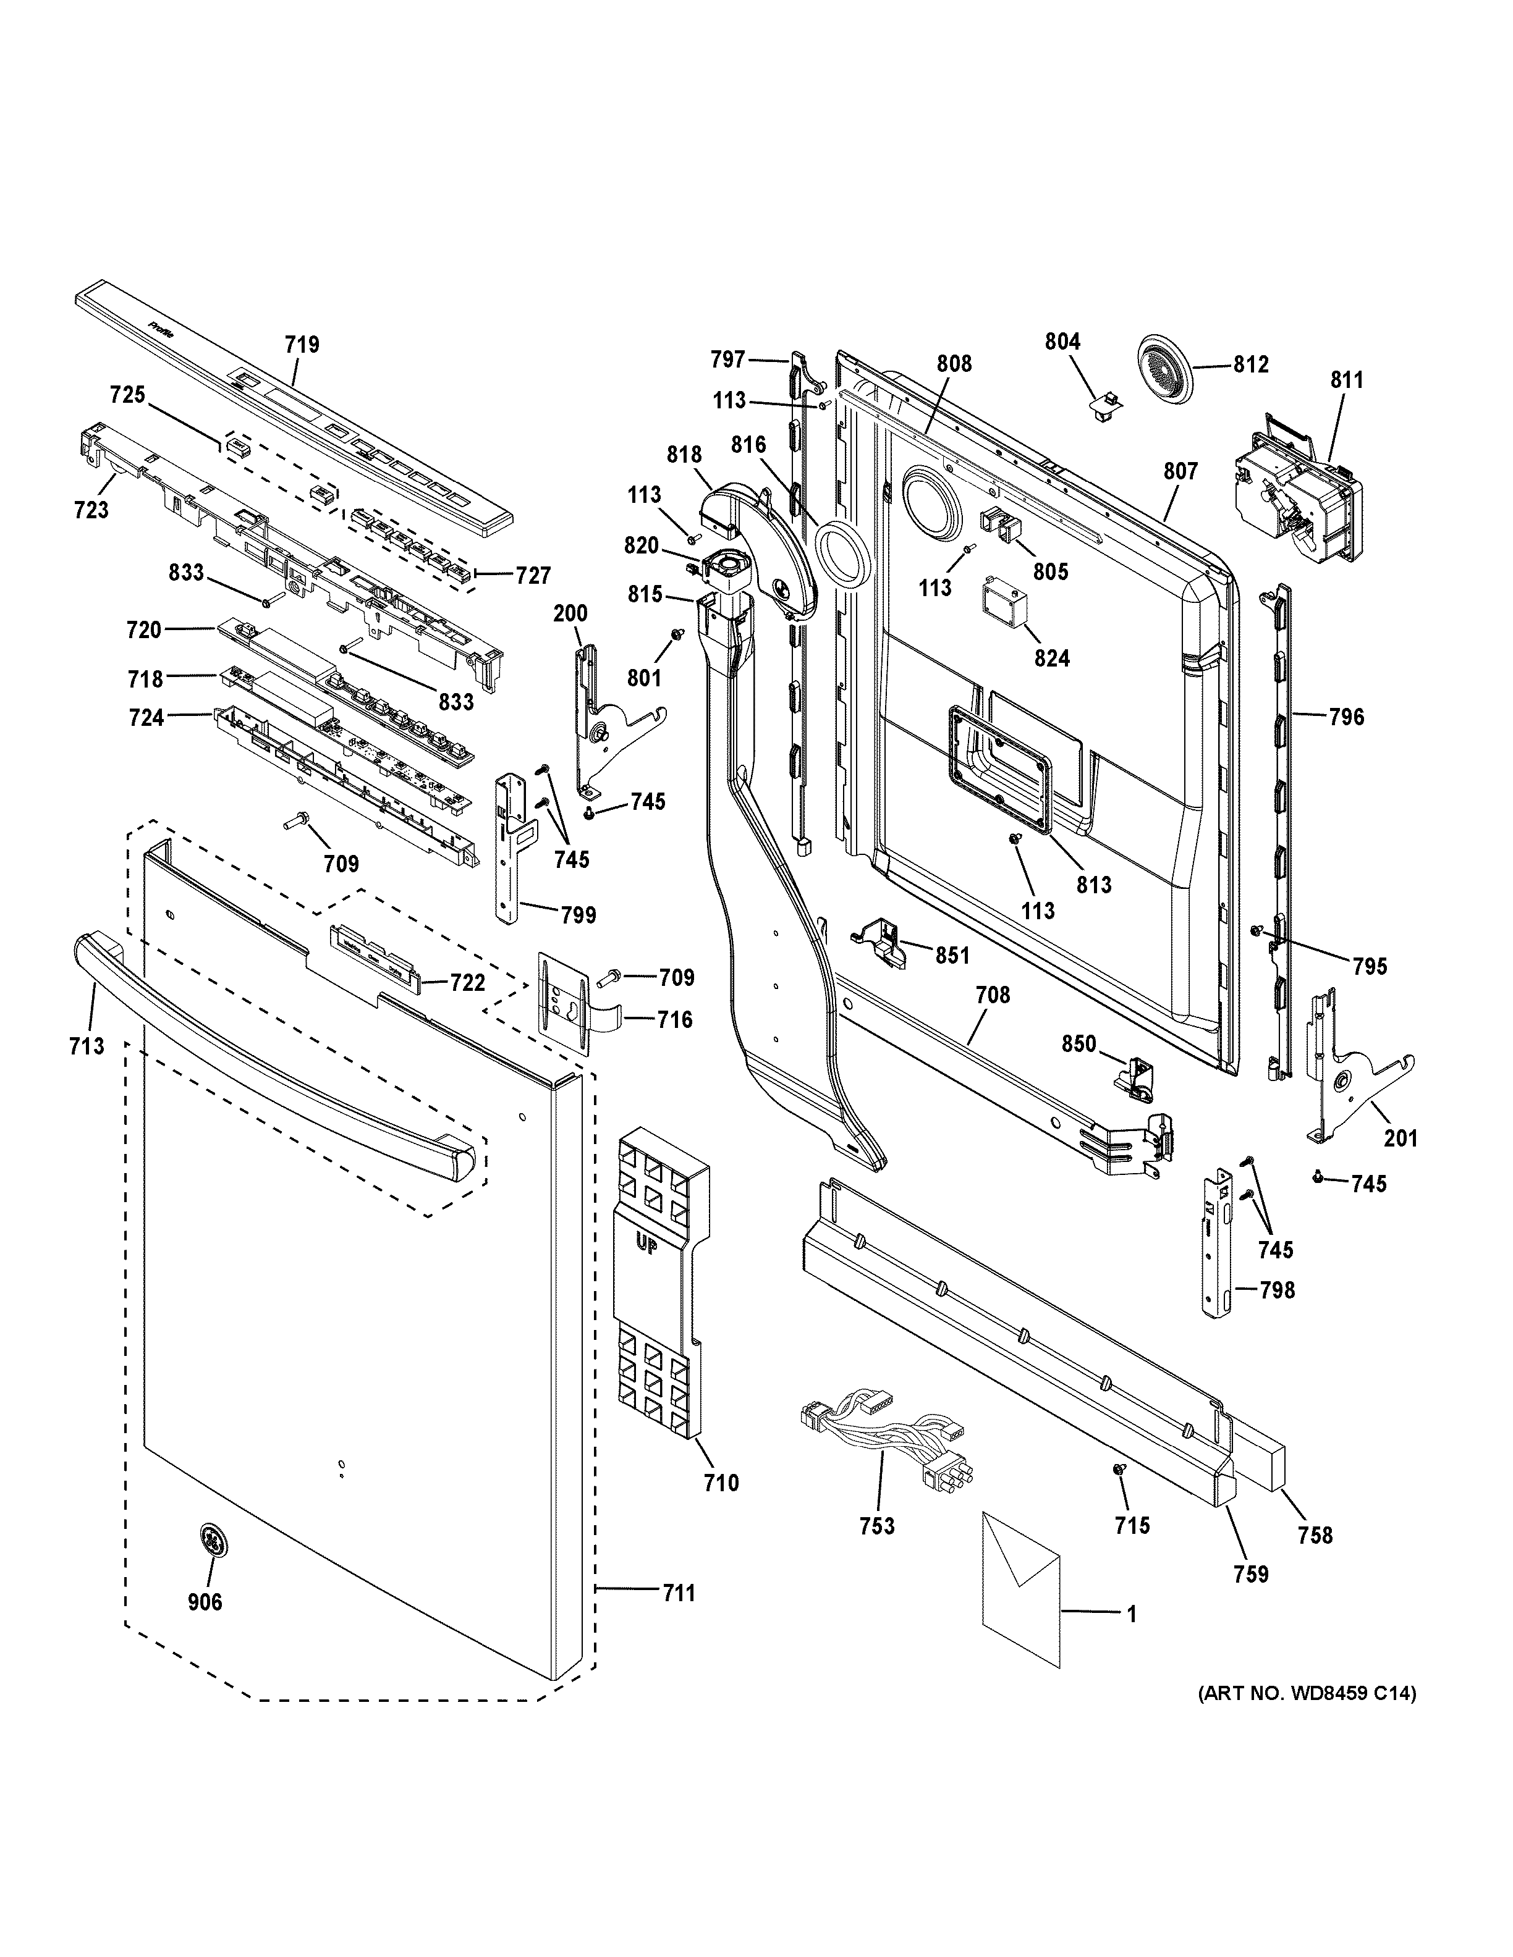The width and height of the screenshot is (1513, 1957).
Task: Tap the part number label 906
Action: click(205, 1601)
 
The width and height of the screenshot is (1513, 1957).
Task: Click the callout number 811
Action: click(1346, 380)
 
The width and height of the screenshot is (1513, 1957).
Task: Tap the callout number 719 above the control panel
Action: click(302, 345)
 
